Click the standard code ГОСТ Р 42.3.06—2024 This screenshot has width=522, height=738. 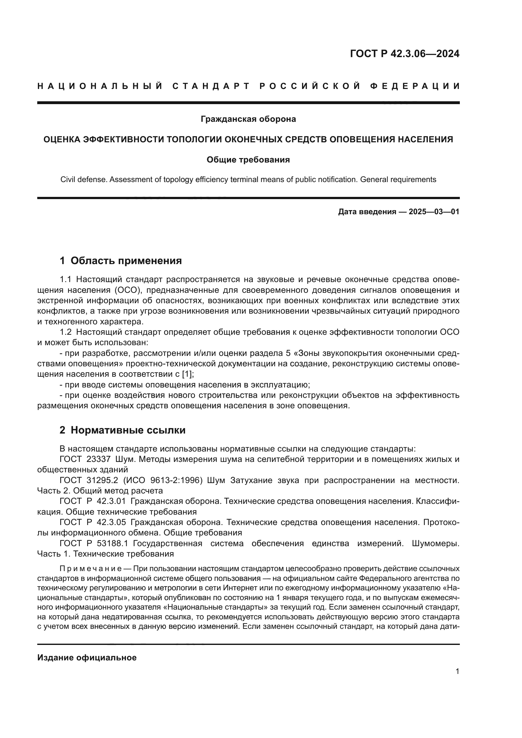point(404,54)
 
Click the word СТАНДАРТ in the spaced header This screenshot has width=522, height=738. point(211,86)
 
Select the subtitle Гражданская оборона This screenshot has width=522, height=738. point(248,119)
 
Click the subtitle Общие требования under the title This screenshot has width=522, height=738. point(248,160)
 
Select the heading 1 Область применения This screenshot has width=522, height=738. point(121,261)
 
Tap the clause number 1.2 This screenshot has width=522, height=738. point(66,332)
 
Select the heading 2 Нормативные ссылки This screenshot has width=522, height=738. point(122,430)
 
